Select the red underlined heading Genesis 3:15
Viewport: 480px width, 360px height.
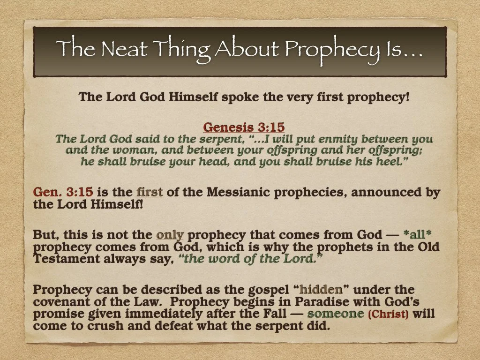coord(244,127)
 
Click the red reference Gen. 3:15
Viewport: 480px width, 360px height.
coord(63,192)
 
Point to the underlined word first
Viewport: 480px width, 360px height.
coord(150,192)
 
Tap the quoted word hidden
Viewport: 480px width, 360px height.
coord(321,290)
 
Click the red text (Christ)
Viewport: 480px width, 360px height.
coord(389,314)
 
